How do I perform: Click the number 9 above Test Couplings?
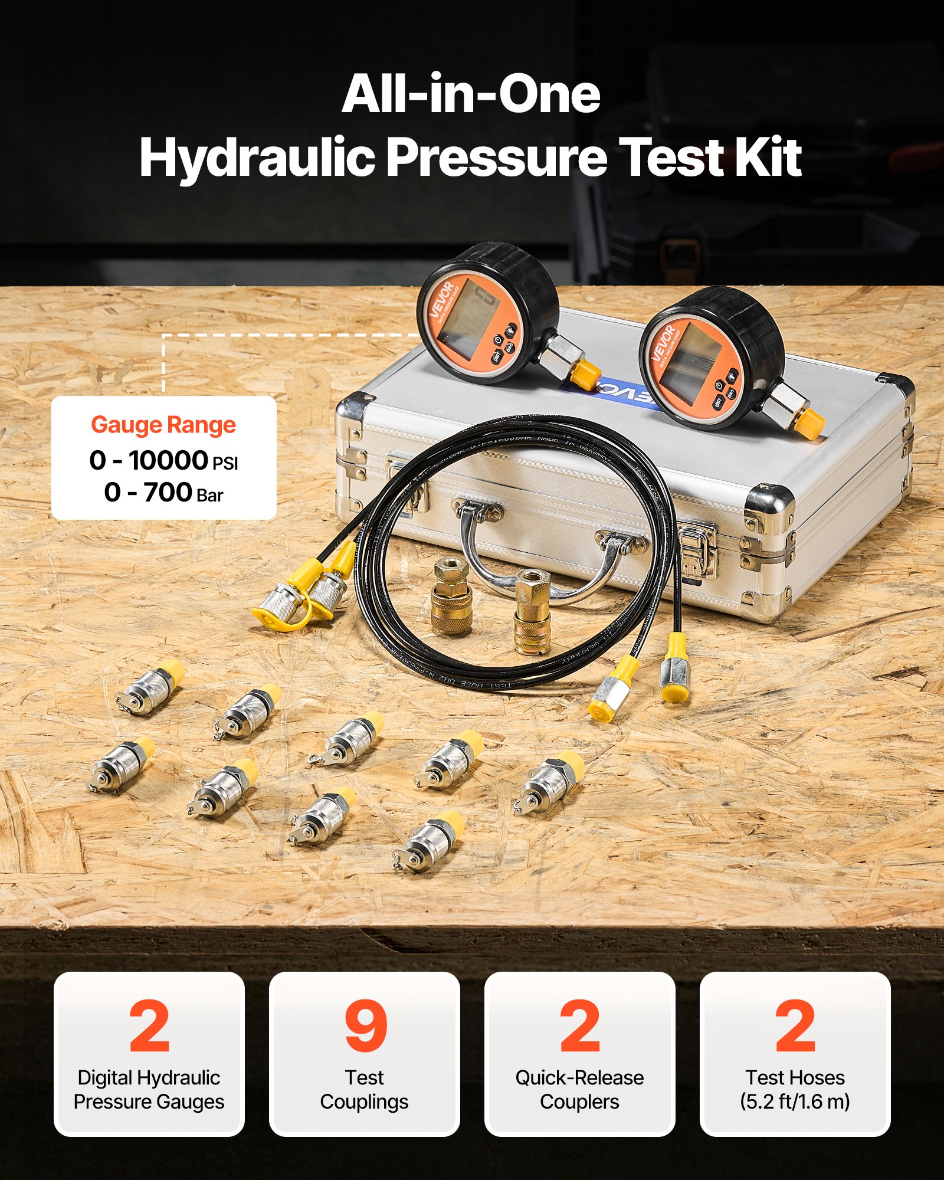click(x=365, y=1027)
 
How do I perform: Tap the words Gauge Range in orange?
click(x=163, y=425)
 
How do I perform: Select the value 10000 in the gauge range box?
click(x=169, y=460)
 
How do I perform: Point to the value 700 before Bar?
click(x=168, y=492)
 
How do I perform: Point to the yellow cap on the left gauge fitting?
click(x=586, y=372)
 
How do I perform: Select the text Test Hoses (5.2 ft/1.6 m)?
click(x=795, y=1089)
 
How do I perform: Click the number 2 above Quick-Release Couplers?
click(x=580, y=1027)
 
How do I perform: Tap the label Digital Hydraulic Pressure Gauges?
click(x=149, y=1089)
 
